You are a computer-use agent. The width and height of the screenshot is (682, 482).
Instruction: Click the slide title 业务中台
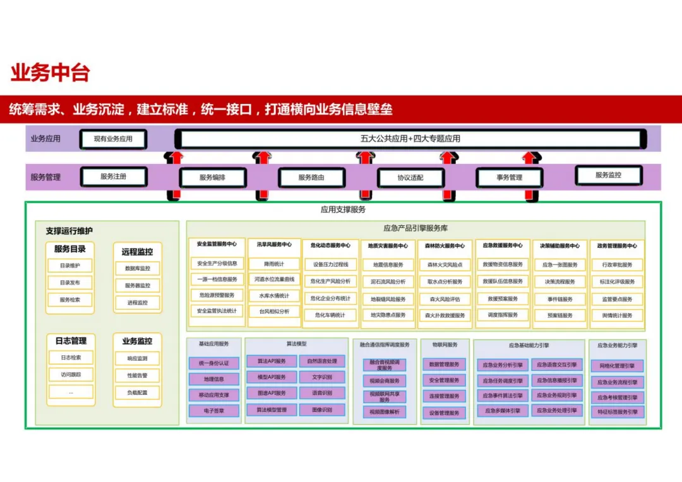click(x=50, y=73)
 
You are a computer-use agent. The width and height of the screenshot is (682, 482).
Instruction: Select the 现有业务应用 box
click(x=113, y=139)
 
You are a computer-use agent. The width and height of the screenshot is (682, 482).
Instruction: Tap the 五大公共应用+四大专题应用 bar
click(x=410, y=139)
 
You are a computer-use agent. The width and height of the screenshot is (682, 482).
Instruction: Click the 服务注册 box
click(x=114, y=177)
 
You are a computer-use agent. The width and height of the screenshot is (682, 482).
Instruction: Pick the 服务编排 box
click(x=212, y=178)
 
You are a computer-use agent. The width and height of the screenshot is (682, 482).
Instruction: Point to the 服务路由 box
click(x=311, y=178)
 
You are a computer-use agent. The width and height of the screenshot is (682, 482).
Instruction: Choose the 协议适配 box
click(x=410, y=178)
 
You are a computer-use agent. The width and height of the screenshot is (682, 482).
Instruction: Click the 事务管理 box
click(x=509, y=178)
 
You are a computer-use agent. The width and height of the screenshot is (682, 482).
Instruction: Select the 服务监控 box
click(x=608, y=175)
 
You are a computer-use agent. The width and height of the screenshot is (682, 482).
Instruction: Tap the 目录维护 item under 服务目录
click(x=70, y=266)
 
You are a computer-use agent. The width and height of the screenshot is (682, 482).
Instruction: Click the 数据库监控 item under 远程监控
click(x=138, y=268)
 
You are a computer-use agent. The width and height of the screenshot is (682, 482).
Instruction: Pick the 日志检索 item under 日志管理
click(x=70, y=358)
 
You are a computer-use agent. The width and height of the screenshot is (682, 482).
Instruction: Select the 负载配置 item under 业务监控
click(x=138, y=392)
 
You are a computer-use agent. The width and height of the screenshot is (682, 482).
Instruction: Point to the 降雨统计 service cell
click(x=274, y=264)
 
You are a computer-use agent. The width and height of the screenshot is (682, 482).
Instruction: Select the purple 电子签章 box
click(x=214, y=411)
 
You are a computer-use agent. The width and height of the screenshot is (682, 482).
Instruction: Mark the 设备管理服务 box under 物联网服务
click(x=445, y=413)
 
